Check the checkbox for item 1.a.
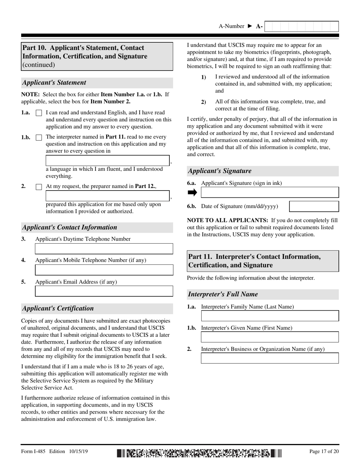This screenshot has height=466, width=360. (39, 113)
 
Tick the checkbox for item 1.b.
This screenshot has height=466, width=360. (39, 138)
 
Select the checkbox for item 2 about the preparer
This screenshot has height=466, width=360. (39, 187)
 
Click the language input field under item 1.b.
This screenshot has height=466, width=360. (108, 161)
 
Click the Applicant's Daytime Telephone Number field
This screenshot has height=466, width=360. (104, 249)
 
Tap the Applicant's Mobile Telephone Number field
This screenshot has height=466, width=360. (104, 270)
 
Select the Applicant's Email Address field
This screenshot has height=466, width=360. (104, 291)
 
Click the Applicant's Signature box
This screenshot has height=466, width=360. (269, 192)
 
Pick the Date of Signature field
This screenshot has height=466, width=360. (314, 206)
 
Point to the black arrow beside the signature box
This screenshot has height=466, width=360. (193, 192)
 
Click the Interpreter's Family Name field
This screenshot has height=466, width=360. (269, 316)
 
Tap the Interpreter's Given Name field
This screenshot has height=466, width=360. (269, 337)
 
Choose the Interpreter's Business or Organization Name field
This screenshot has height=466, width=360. (269, 358)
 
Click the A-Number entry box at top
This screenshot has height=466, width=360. (301, 27)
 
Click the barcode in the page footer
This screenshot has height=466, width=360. (199, 453)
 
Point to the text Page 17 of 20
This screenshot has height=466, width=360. (324, 451)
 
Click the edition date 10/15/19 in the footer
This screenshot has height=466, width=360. (79, 451)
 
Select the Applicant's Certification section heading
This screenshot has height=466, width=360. (58, 308)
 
